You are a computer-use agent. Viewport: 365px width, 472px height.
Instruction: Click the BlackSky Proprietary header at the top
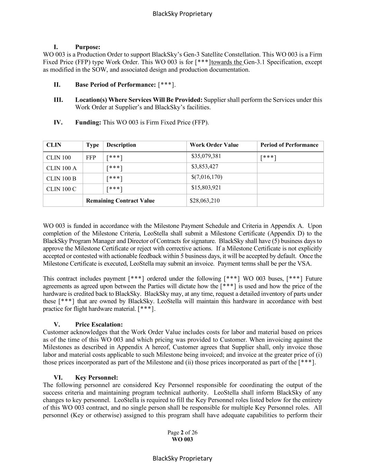tap(182, 14)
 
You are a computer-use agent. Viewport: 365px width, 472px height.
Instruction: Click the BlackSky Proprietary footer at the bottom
tap(182, 459)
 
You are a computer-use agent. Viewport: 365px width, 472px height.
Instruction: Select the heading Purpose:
tap(88, 47)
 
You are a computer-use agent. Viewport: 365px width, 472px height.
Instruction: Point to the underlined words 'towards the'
tap(227, 62)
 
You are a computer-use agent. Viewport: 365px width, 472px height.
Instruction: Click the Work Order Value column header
tap(214, 145)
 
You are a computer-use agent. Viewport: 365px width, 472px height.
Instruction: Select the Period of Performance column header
tap(289, 145)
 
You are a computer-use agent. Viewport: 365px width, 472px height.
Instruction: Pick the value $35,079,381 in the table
tap(206, 156)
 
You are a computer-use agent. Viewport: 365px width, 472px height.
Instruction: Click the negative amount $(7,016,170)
tap(207, 177)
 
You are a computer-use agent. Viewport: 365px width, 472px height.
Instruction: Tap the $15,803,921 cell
tap(206, 188)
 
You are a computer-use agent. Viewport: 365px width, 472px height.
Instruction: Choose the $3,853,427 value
tap(205, 167)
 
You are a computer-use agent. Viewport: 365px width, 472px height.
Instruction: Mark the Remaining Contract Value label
tap(120, 201)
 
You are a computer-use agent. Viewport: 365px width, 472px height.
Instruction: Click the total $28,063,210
tap(204, 201)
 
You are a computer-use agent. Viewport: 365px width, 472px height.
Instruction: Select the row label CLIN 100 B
tap(61, 179)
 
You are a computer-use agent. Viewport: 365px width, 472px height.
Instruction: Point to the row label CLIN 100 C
tap(61, 189)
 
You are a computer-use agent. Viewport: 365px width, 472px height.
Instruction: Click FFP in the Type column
tap(91, 158)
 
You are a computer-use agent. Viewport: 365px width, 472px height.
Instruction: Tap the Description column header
tap(121, 145)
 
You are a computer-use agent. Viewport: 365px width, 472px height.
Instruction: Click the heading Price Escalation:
tap(99, 325)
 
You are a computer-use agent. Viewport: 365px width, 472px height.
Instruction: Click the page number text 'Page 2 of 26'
tap(182, 433)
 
